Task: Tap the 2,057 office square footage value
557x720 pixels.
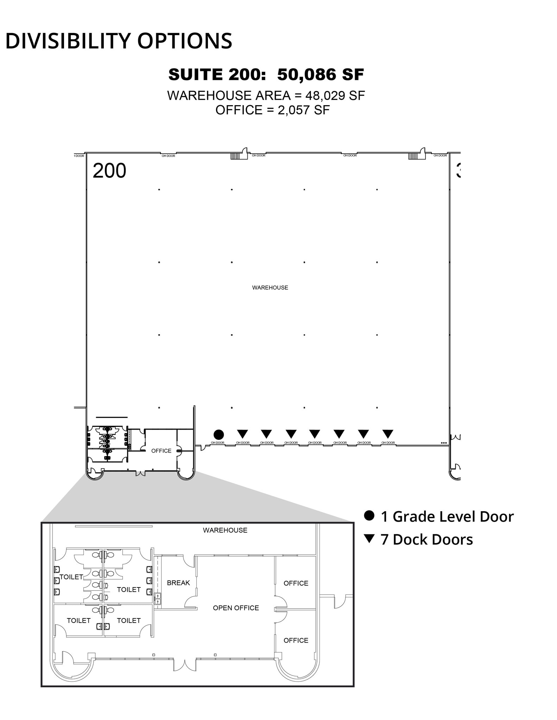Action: (x=294, y=110)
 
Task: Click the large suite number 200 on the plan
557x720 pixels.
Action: (x=109, y=171)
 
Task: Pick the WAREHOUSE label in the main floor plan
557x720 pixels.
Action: (x=270, y=288)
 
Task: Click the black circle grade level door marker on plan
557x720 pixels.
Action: (x=219, y=435)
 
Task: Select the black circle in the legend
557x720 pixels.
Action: (x=369, y=515)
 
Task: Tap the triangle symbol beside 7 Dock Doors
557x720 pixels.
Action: (x=369, y=539)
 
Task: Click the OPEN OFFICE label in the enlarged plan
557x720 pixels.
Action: (x=236, y=608)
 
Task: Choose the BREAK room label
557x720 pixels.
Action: (x=178, y=583)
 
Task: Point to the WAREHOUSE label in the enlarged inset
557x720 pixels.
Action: (x=225, y=530)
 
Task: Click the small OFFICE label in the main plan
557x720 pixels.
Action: (x=161, y=451)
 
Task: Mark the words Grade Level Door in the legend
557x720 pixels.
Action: (x=453, y=516)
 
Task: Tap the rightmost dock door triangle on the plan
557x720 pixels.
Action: (x=388, y=434)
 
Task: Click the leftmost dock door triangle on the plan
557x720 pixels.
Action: (x=242, y=434)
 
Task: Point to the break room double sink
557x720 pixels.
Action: (x=158, y=599)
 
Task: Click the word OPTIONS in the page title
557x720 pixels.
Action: (x=185, y=41)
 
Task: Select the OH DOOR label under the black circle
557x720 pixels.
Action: (x=217, y=443)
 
